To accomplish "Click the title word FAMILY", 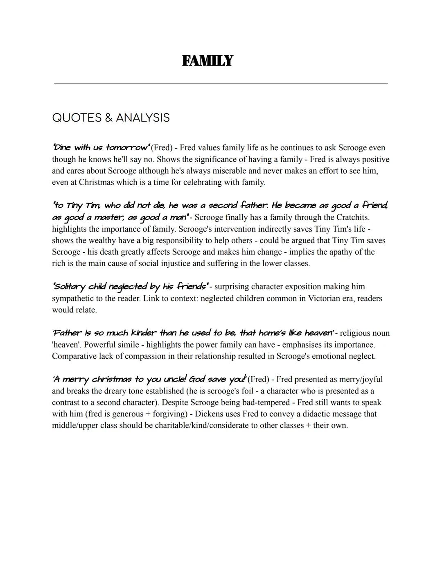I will tap(207, 61).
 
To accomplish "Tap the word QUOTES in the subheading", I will tap(77, 118).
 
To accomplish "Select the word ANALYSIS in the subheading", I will tap(143, 118).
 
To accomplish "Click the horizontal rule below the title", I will tap(221, 83).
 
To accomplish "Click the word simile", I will tap(129, 345).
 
